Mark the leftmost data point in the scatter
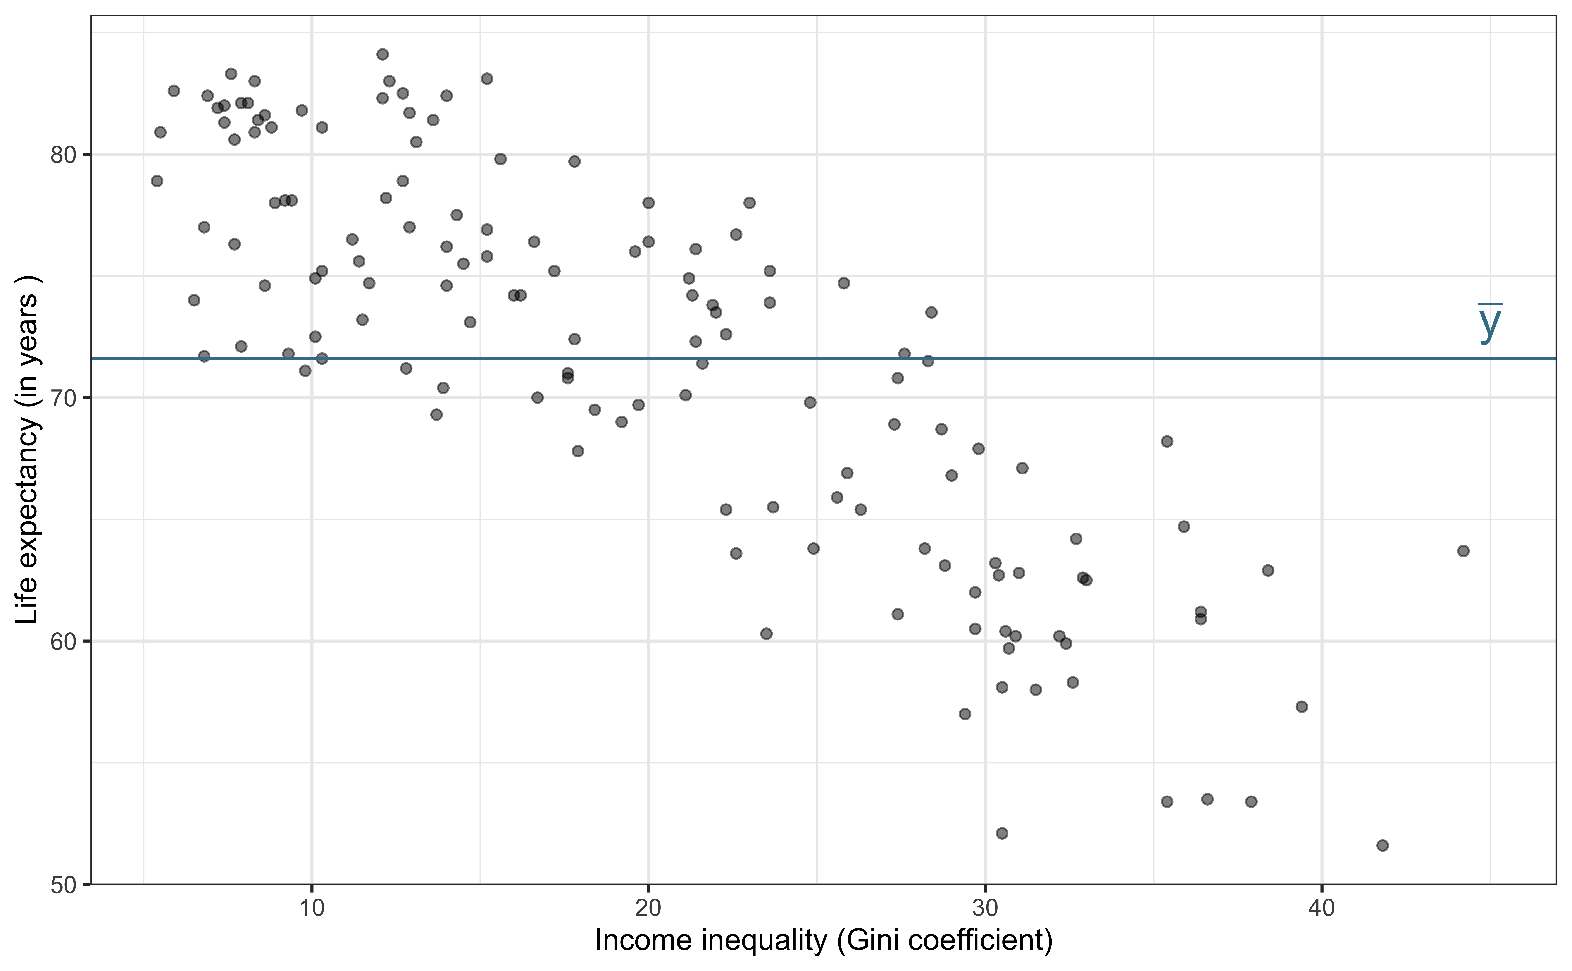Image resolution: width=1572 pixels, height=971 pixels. click(x=157, y=181)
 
